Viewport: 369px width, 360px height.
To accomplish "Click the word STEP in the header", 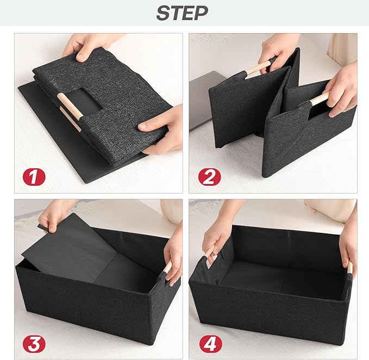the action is click(182, 13).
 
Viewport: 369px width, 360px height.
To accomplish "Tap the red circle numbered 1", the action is click(34, 177).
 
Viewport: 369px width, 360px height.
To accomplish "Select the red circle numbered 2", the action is click(209, 177).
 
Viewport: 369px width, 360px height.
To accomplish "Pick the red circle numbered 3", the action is click(34, 344).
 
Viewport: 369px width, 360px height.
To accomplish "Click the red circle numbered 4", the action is click(211, 344).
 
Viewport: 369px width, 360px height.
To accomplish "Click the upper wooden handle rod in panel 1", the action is click(70, 106).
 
